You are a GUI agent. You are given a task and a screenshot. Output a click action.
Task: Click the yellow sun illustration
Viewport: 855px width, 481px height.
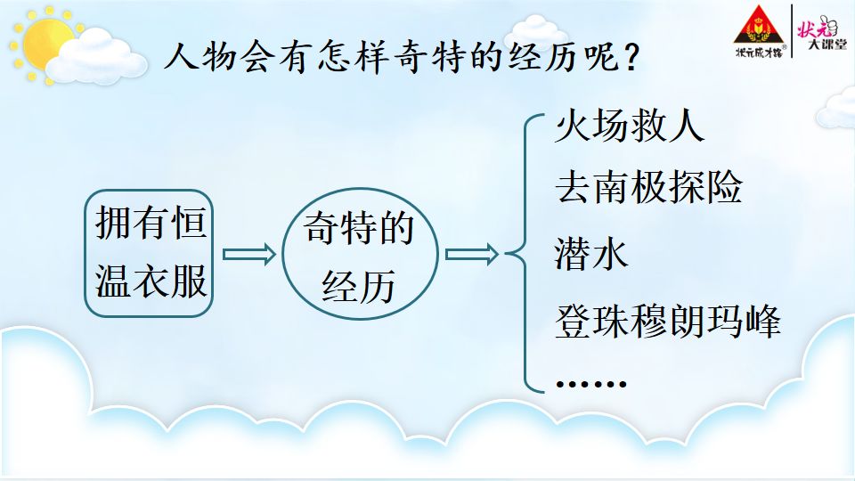tap(44, 43)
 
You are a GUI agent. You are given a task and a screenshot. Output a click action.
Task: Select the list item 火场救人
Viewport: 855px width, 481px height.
tap(630, 126)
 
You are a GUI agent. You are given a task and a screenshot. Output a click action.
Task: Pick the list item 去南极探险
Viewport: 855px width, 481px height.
tap(649, 186)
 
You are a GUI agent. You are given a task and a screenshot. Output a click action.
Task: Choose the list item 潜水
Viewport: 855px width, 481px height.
tap(591, 254)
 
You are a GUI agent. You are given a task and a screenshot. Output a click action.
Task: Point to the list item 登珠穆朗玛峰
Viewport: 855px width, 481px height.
tap(668, 322)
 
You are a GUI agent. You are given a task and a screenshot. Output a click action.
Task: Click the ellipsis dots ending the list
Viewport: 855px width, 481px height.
tap(591, 384)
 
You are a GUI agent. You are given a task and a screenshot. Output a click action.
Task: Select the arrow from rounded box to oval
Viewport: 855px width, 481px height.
tap(249, 254)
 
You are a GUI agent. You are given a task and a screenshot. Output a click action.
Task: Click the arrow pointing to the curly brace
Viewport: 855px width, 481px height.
tap(472, 254)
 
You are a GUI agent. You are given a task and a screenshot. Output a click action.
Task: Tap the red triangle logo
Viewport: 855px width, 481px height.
tap(759, 26)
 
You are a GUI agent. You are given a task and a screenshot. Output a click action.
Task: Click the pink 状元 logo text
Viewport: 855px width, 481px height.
tap(817, 26)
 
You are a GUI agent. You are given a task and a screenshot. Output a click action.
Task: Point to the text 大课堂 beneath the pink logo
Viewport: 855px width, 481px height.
tap(826, 45)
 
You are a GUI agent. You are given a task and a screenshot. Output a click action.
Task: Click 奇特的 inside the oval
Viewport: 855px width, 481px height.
tap(359, 227)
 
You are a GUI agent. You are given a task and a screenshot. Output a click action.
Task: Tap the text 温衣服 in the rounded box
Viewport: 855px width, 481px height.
tap(151, 281)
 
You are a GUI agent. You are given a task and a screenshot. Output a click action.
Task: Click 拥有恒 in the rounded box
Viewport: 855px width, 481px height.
tap(151, 222)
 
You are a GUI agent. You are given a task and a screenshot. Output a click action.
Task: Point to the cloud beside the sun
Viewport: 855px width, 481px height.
tap(96, 57)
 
